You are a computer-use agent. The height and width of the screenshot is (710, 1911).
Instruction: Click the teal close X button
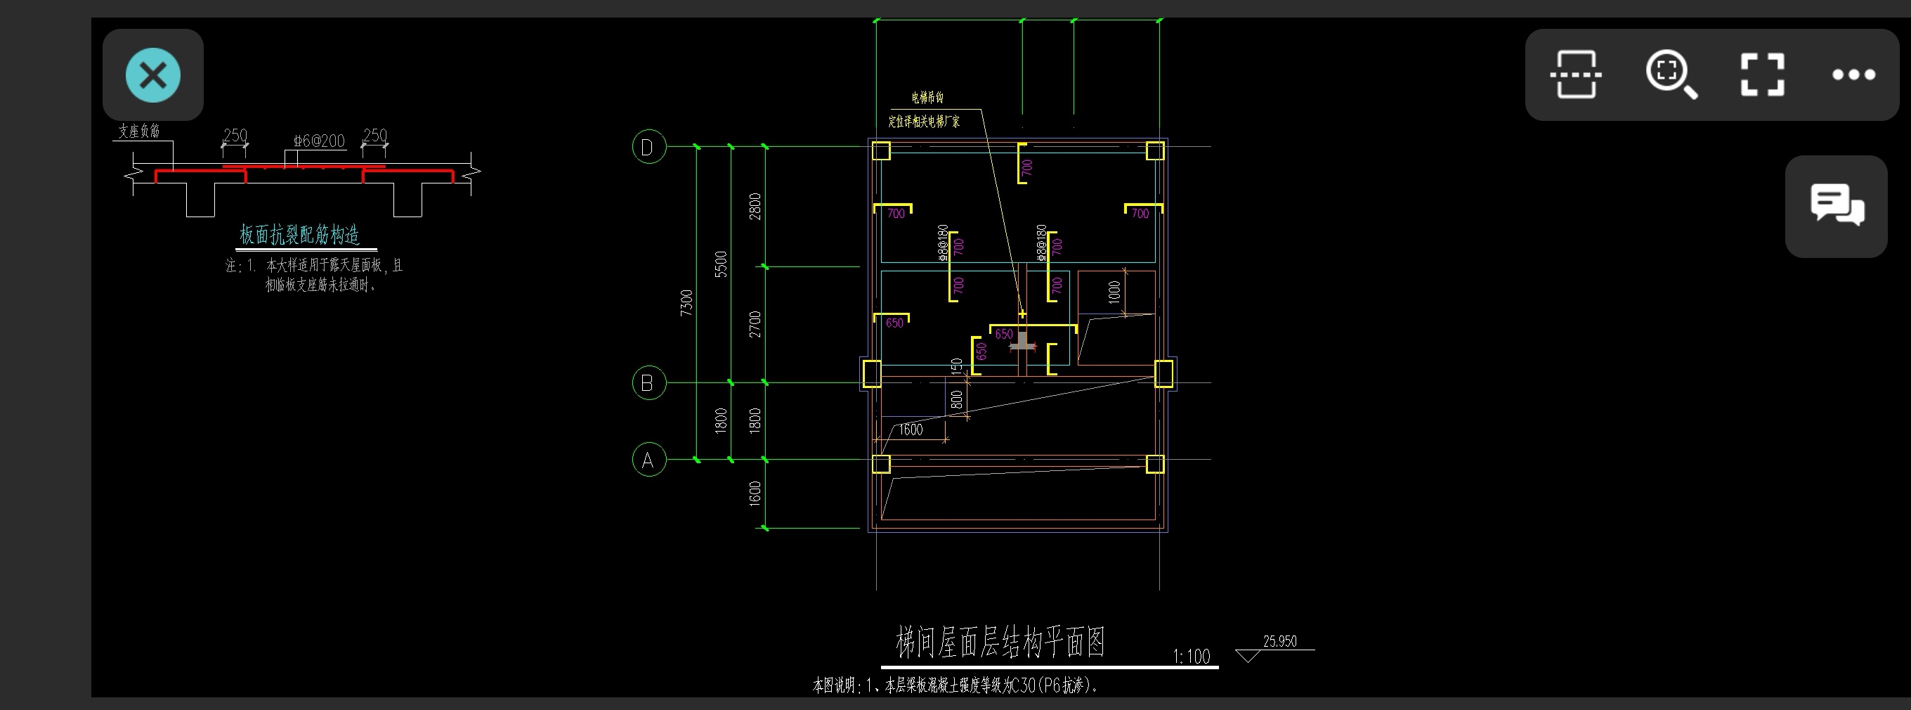pyautogui.click(x=153, y=75)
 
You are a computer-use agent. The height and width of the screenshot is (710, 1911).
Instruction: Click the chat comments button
pyautogui.click(x=1836, y=205)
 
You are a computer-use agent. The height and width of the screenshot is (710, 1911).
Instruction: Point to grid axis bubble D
pyautogui.click(x=648, y=147)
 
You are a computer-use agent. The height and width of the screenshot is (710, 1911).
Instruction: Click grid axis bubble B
pyautogui.click(x=648, y=383)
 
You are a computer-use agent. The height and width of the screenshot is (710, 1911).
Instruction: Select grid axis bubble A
pyautogui.click(x=648, y=460)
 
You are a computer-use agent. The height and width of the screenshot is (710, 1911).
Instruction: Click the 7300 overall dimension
pyautogui.click(x=686, y=303)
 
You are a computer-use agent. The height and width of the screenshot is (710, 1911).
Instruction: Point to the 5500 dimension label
pyautogui.click(x=720, y=264)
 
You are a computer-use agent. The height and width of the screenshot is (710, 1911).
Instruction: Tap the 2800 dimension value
pyautogui.click(x=755, y=206)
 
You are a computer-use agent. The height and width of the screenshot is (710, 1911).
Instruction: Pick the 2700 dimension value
pyautogui.click(x=755, y=324)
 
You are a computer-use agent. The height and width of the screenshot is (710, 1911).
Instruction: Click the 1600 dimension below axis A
pyautogui.click(x=755, y=493)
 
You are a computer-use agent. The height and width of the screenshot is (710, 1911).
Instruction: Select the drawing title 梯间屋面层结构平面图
pyautogui.click(x=1000, y=643)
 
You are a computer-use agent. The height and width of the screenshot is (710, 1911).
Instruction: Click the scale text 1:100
pyautogui.click(x=1191, y=657)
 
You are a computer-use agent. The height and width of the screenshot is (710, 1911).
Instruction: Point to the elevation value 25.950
pyautogui.click(x=1279, y=642)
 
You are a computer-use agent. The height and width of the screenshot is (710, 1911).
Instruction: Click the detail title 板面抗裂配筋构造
pyautogui.click(x=300, y=235)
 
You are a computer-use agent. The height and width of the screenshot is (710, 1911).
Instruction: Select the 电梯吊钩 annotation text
pyautogui.click(x=927, y=98)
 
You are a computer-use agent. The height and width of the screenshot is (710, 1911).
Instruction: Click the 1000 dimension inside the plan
pyautogui.click(x=1114, y=292)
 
